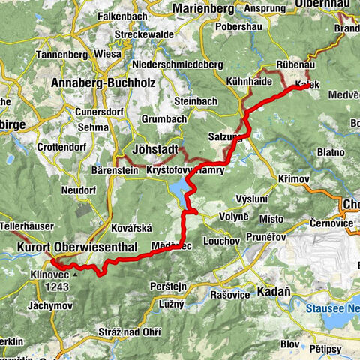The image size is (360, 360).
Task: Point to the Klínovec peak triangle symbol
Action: coord(74,274)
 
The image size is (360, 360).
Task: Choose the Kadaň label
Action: coord(272,290)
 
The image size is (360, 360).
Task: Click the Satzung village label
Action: coord(245,137)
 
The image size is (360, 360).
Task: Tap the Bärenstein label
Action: coord(114,170)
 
